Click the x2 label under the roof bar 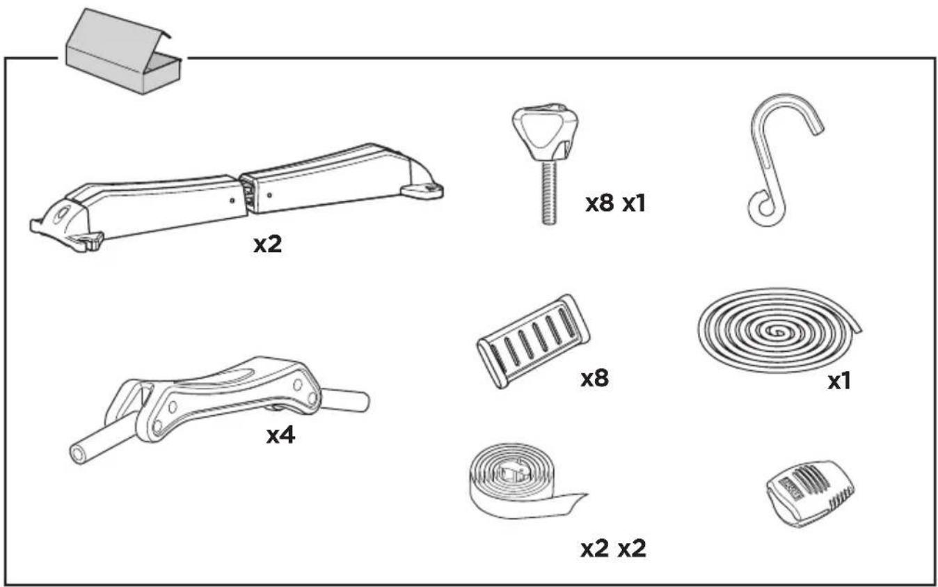[x=268, y=244]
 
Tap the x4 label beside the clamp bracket [x=281, y=436]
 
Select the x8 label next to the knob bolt [x=600, y=204]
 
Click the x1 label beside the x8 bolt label [x=634, y=204]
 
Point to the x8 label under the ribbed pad [x=595, y=379]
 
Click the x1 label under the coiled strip [x=840, y=382]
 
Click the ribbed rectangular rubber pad [x=534, y=341]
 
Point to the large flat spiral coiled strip [x=779, y=331]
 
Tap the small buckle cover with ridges [x=811, y=494]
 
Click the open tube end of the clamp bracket [x=78, y=454]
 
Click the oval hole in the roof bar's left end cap [x=63, y=213]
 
